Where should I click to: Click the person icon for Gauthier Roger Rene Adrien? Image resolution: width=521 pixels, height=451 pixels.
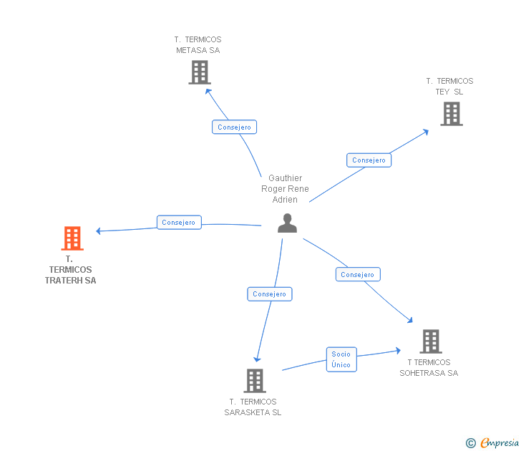(287, 223)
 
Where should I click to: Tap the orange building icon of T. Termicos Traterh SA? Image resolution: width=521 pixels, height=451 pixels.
(72, 238)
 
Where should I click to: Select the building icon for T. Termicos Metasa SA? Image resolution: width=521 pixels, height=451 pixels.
(200, 72)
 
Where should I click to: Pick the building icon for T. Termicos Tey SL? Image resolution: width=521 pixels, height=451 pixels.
(451, 114)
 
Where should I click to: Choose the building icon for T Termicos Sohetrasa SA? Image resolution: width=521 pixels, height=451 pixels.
(430, 341)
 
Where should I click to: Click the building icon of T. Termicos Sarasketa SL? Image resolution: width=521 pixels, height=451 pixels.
(255, 381)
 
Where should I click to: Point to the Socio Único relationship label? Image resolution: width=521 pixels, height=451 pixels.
(341, 359)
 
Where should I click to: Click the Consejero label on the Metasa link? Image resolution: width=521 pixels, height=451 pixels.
(234, 127)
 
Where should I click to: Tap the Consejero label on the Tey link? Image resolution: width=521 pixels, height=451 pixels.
(369, 160)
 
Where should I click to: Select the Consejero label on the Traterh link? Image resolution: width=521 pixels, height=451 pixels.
(179, 223)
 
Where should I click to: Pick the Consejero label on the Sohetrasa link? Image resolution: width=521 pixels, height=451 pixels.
(358, 274)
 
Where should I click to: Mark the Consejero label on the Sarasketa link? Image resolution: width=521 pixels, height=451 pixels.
(269, 294)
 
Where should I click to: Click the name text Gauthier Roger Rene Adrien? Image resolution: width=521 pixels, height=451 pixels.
(285, 189)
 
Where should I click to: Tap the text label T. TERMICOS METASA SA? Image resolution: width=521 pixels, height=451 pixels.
(198, 45)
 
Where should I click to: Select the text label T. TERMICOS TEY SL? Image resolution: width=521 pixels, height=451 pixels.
(449, 87)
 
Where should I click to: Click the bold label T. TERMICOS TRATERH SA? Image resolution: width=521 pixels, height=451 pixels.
(70, 270)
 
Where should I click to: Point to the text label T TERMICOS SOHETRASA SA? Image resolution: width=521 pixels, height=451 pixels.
(429, 367)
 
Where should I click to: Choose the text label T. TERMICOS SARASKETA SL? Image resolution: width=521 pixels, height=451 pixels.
(253, 407)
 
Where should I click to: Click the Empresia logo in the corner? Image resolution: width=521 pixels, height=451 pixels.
(500, 443)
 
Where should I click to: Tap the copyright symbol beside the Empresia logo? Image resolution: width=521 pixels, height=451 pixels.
(470, 443)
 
